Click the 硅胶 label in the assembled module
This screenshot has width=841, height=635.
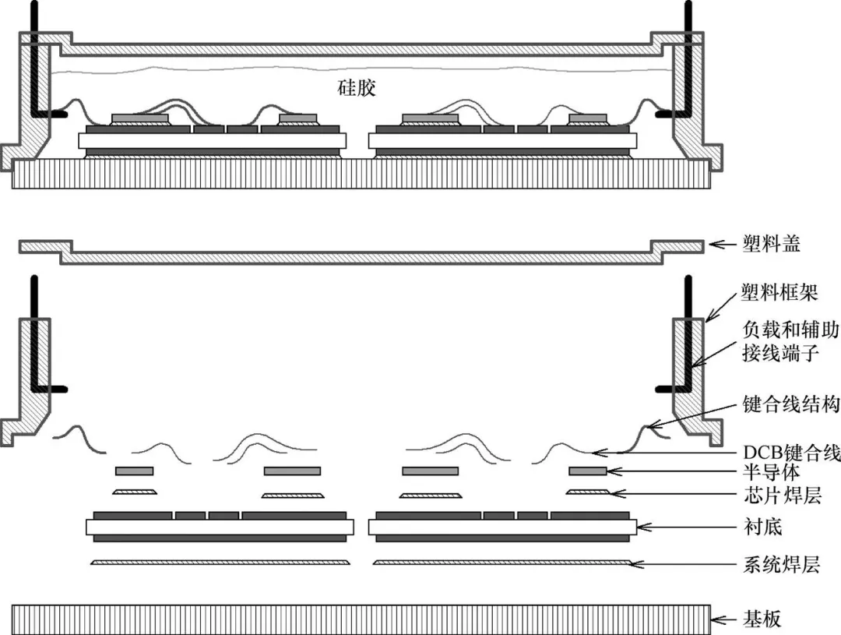point(357,87)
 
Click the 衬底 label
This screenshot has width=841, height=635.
point(762,527)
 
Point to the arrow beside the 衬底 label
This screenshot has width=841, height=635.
point(685,527)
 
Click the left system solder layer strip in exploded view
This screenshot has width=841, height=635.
point(218,562)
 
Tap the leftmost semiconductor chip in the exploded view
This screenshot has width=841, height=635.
point(134,471)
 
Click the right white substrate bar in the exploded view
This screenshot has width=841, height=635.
point(502,527)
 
